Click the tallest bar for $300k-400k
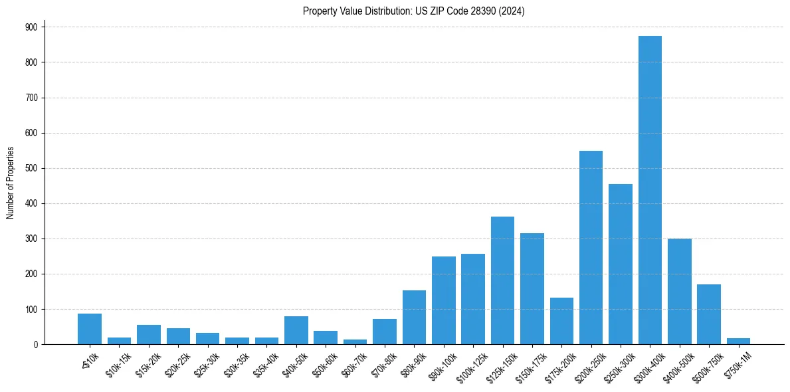[x=650, y=190]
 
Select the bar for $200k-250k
[x=591, y=248]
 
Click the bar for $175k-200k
[x=561, y=321]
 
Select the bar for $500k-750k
[x=708, y=314]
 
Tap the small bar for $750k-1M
[x=738, y=342]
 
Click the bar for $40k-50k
[x=296, y=330]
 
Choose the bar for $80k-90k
[x=414, y=318]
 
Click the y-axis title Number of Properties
[x=10, y=183]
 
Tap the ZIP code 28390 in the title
[x=487, y=11]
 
